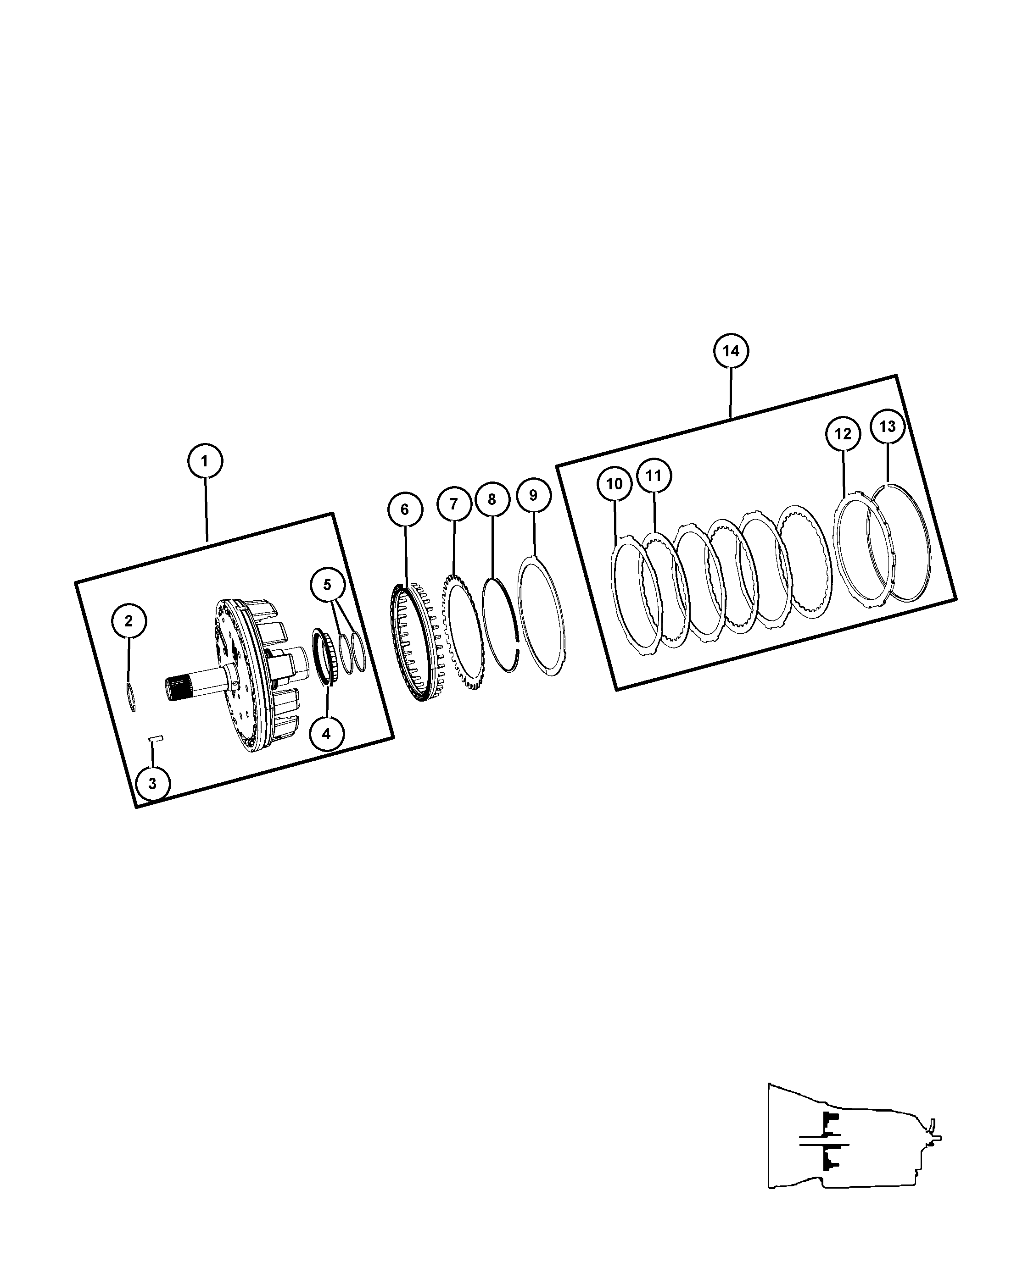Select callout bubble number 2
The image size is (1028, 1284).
[x=128, y=622]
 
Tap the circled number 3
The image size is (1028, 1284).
[x=152, y=783]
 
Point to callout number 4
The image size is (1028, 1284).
[x=326, y=734]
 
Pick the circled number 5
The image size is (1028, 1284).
[x=327, y=585]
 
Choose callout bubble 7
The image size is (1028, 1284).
[x=453, y=504]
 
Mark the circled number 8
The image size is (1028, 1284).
[x=492, y=500]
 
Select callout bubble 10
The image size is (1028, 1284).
[x=615, y=484]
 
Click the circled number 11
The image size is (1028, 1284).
[x=654, y=476]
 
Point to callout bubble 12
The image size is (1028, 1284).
[x=843, y=434]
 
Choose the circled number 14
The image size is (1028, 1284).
[x=731, y=351]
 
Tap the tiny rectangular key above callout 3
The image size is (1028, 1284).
[x=156, y=738]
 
